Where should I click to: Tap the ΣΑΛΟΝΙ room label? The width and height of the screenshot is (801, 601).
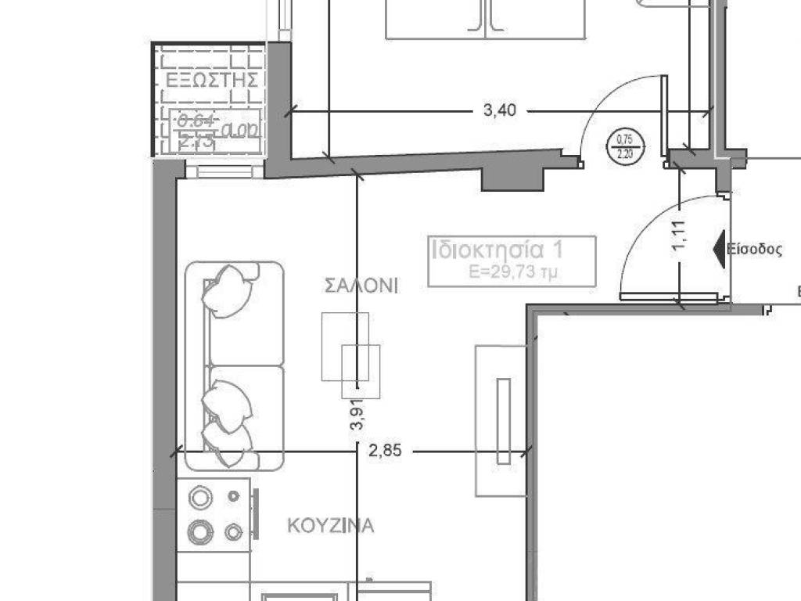[x=361, y=286]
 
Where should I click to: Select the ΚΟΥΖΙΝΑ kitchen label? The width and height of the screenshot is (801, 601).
[x=330, y=525]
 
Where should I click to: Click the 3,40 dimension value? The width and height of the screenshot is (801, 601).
[x=500, y=110]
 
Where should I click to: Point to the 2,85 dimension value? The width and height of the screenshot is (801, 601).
[x=384, y=451]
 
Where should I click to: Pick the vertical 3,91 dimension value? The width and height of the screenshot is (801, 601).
[x=358, y=416]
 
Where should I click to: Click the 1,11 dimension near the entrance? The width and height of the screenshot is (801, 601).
[x=679, y=235]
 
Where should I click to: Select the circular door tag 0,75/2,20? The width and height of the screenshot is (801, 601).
[x=624, y=146]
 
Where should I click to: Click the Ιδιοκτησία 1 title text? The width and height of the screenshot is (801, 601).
[x=497, y=250]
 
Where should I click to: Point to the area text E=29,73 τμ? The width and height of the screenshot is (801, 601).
[x=512, y=272]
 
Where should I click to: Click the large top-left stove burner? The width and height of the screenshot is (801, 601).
[x=201, y=498]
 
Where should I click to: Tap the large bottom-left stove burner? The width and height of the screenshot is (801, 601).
[x=201, y=532]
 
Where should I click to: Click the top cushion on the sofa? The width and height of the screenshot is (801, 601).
[x=227, y=290]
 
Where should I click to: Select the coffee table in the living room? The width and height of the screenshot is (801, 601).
[x=350, y=354]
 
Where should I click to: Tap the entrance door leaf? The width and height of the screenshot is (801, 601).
[x=670, y=297]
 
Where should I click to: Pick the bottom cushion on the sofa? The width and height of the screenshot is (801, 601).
[x=228, y=444]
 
